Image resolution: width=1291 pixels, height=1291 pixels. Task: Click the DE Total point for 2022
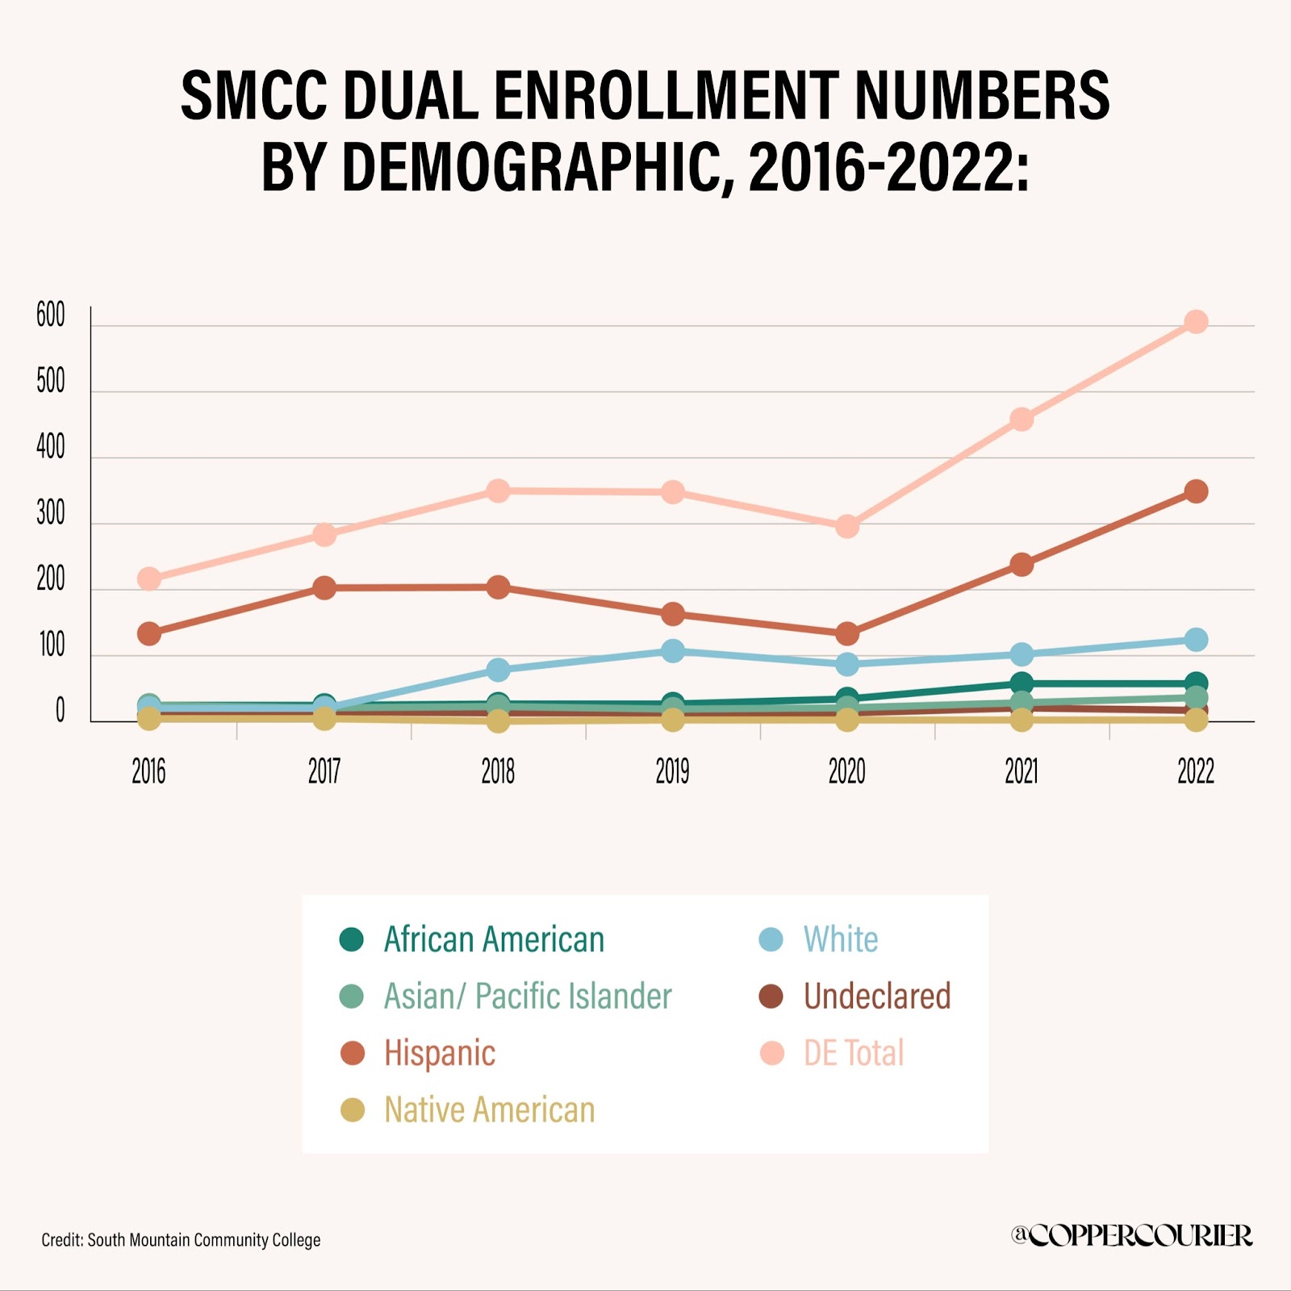coord(1196,322)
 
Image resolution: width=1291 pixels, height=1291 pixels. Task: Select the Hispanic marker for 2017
coord(324,587)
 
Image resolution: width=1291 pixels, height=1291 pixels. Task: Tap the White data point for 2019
coord(673,651)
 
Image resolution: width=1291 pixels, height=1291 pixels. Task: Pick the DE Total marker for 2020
coord(847,527)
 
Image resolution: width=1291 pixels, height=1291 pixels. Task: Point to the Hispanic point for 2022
coord(1196,491)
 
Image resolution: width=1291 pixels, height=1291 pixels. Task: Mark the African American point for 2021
coord(1022,683)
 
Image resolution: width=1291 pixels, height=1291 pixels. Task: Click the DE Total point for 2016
coord(149,579)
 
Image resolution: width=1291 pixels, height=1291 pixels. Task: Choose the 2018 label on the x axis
coord(498,772)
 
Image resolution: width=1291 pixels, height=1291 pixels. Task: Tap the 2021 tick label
coord(1022,772)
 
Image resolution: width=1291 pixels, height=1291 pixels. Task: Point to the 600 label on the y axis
coord(51,315)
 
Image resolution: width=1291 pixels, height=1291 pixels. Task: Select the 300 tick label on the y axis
coord(51,514)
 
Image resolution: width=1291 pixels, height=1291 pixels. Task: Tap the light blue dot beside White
coord(771,940)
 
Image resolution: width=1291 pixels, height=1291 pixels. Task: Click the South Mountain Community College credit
coord(181,1240)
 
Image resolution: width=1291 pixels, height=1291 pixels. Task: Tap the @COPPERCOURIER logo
coord(1131,1235)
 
